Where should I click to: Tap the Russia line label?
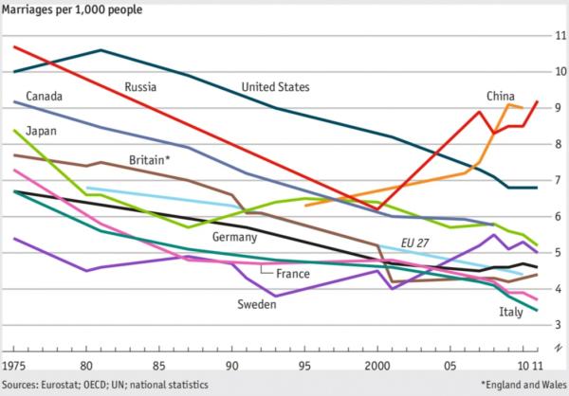(140, 87)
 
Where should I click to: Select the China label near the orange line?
(501, 96)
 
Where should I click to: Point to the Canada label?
(45, 96)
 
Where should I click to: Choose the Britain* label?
(149, 160)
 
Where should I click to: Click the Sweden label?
(256, 304)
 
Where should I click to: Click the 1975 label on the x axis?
(14, 364)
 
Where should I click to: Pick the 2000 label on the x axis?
(378, 364)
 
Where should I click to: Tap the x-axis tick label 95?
(305, 364)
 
